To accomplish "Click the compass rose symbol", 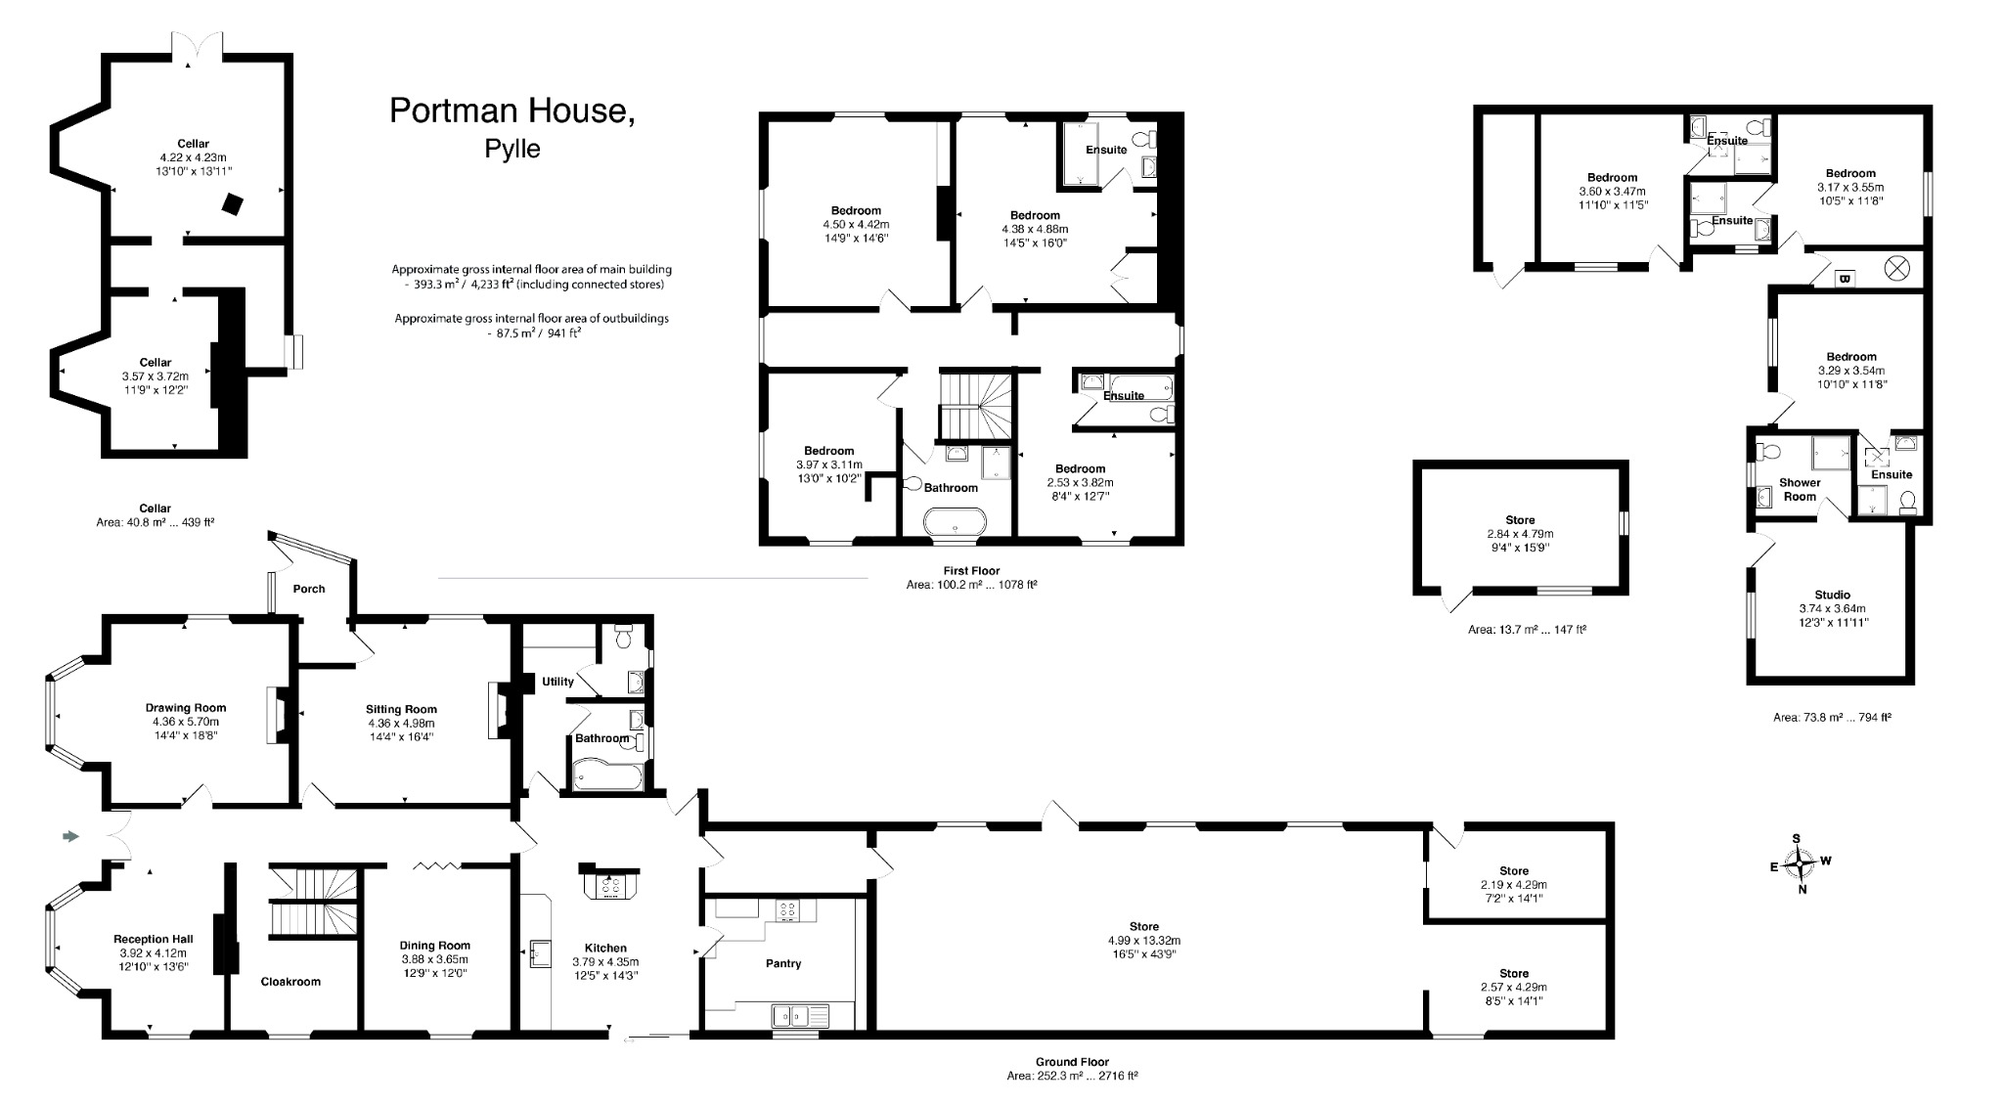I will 1799,863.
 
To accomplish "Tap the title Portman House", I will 512,111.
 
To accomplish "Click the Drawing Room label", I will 186,708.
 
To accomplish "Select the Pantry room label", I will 783,963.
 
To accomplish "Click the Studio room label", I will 1832,595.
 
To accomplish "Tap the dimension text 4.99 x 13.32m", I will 1143,940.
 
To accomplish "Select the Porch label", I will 309,589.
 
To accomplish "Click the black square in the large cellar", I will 233,203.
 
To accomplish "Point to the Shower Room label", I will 1800,489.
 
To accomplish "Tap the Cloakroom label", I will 290,981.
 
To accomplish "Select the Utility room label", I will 557,682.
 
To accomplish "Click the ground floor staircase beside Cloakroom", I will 314,902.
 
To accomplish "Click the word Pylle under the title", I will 512,150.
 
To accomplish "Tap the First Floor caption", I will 971,571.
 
